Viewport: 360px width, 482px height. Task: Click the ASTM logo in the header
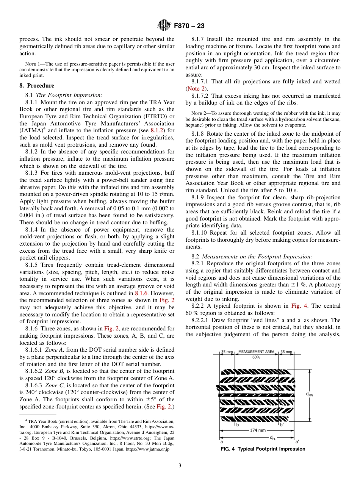(x=164, y=26)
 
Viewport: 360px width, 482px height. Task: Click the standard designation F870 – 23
(x=189, y=26)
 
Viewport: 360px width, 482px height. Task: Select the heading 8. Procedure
(x=37, y=86)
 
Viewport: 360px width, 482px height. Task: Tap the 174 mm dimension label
(x=258, y=430)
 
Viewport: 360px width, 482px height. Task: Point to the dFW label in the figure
(x=309, y=394)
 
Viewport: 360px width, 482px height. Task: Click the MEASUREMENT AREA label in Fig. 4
(x=256, y=352)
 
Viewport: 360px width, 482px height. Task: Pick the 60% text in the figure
(x=256, y=357)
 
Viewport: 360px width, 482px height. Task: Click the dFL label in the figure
(x=272, y=438)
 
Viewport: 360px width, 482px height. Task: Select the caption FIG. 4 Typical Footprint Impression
(x=263, y=449)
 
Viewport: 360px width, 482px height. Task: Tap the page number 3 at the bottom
(x=180, y=466)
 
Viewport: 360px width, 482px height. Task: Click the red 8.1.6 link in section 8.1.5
(x=141, y=293)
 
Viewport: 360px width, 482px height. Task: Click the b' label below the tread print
(x=281, y=424)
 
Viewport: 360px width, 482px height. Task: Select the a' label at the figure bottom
(x=297, y=442)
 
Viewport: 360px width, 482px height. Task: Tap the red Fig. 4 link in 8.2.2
(x=299, y=306)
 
